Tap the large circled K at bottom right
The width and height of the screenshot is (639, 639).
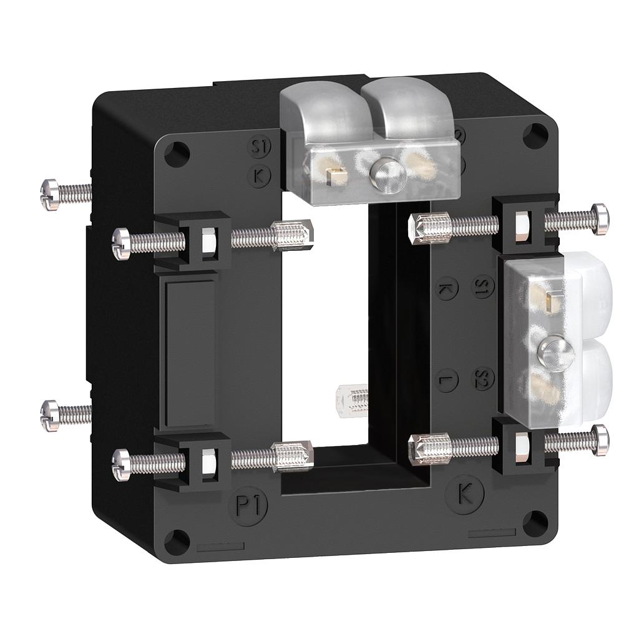pyautogui.click(x=464, y=494)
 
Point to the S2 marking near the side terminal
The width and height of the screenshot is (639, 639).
pyautogui.click(x=482, y=378)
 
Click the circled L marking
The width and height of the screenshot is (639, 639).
pyautogui.click(x=447, y=380)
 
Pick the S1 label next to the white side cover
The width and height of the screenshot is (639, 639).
pyautogui.click(x=482, y=286)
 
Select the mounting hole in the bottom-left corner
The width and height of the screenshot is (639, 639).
pyautogui.click(x=177, y=541)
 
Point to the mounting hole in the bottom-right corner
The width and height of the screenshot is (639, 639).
pyautogui.click(x=535, y=523)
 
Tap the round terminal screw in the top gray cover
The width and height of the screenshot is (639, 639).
pyautogui.click(x=387, y=175)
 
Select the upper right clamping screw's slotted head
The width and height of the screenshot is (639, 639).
pyautogui.click(x=600, y=219)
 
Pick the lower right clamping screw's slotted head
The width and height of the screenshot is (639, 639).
pyautogui.click(x=600, y=440)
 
